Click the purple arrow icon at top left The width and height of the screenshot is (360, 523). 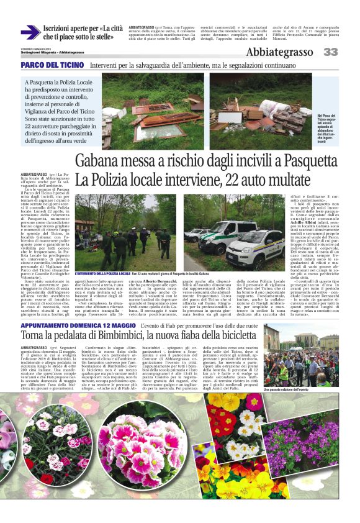click(30, 32)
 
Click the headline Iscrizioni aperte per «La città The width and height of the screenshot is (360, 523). click(83, 29)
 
